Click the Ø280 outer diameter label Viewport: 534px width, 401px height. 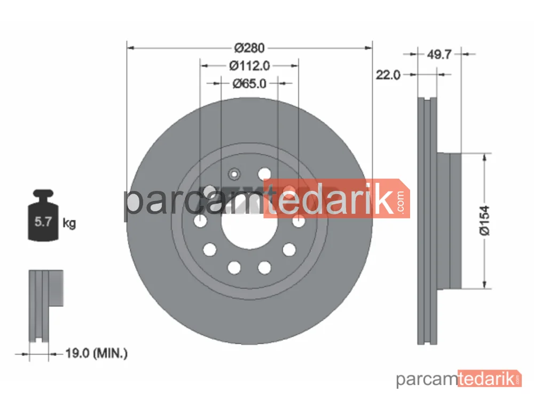tap(249, 48)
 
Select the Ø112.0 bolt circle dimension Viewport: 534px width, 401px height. tap(249, 65)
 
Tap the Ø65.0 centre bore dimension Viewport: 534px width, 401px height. tap(249, 83)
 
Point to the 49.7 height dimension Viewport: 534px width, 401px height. tap(439, 54)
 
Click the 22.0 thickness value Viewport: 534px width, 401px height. tap(388, 75)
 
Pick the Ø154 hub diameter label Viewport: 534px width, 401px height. tap(484, 221)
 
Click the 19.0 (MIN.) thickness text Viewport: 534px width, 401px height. tap(96, 353)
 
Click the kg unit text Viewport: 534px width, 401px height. tap(69, 223)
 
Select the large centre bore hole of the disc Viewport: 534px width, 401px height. tap(249, 225)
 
